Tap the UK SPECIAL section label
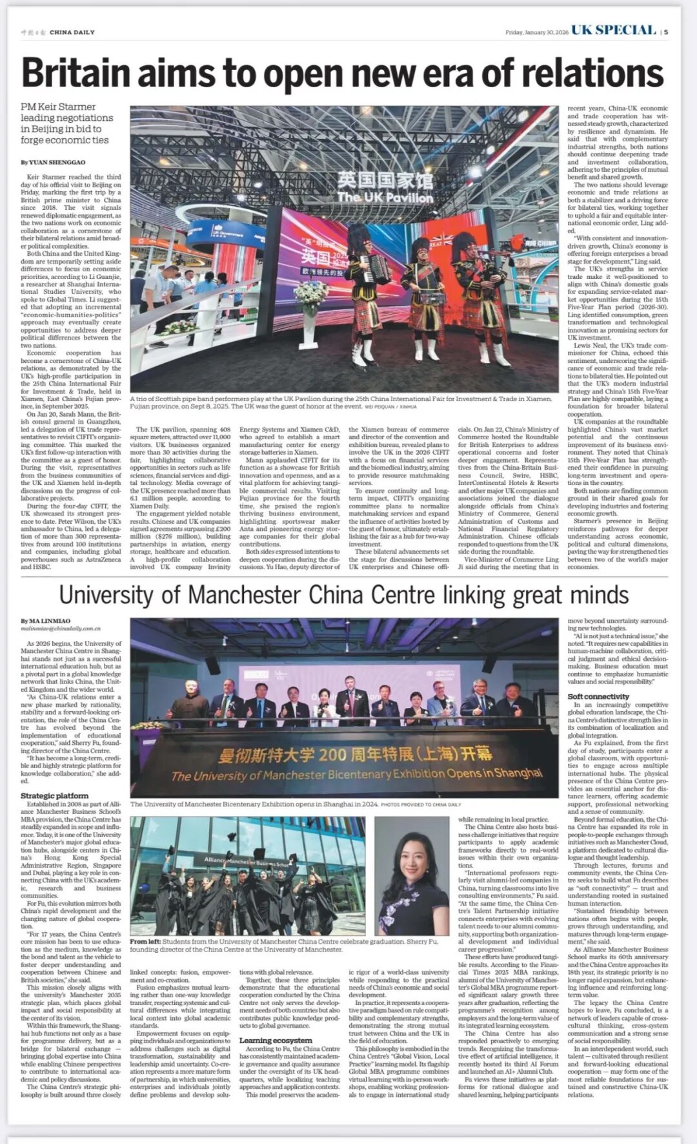click(613, 30)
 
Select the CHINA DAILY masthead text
click(72, 32)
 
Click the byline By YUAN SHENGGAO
click(52, 162)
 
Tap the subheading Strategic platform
click(54, 796)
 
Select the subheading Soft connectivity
click(598, 696)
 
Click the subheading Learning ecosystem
click(276, 1041)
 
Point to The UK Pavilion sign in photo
click(385, 197)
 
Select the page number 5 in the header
click(666, 32)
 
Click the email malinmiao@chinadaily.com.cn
click(61, 628)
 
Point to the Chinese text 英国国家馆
click(385, 180)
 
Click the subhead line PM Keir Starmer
click(58, 107)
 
